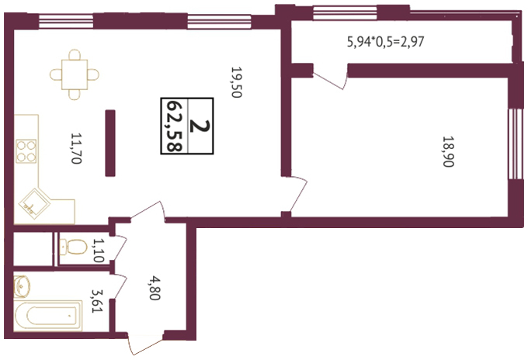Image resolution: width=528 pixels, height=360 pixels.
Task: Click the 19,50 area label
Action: tap(237, 82)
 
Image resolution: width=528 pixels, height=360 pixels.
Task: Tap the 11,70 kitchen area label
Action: tap(76, 148)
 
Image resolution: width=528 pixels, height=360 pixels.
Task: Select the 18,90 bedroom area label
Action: tap(448, 151)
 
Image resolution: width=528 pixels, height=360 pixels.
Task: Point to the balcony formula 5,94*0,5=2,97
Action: tap(386, 42)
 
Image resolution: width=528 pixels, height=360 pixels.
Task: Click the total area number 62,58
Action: tap(175, 126)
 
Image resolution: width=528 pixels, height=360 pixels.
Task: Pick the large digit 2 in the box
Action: tap(200, 126)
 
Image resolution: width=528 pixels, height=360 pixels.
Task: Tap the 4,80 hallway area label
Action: tap(155, 288)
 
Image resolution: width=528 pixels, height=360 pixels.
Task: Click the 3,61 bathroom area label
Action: tap(97, 301)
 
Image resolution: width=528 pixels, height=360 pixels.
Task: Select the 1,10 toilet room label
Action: tap(99, 251)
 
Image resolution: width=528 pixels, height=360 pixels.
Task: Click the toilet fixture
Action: tap(73, 247)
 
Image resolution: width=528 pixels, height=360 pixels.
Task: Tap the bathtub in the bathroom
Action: tap(48, 316)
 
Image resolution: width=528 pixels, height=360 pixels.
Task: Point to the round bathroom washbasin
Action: tap(23, 286)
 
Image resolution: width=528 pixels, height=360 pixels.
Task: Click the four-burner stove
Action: tap(26, 151)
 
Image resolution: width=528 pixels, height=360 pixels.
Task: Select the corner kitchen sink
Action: tap(34, 203)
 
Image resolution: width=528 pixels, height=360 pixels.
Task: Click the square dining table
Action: tap(75, 74)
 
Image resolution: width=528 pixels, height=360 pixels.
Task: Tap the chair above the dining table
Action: tap(75, 55)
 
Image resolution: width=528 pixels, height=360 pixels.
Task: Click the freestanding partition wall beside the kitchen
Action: tap(110, 143)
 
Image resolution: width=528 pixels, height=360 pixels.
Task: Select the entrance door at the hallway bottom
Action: tap(145, 344)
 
